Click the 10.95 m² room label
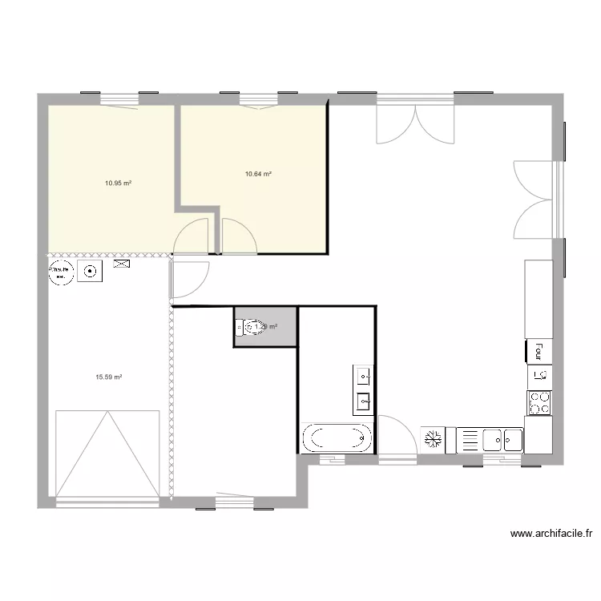[118, 183]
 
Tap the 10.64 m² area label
[258, 173]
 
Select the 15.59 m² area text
[108, 377]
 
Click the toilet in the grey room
[250, 327]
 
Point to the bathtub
[337, 438]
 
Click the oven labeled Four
[538, 351]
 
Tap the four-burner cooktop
[539, 402]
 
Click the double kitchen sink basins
[502, 440]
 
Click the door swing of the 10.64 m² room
[238, 237]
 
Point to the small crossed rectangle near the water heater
[123, 264]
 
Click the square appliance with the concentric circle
[91, 272]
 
